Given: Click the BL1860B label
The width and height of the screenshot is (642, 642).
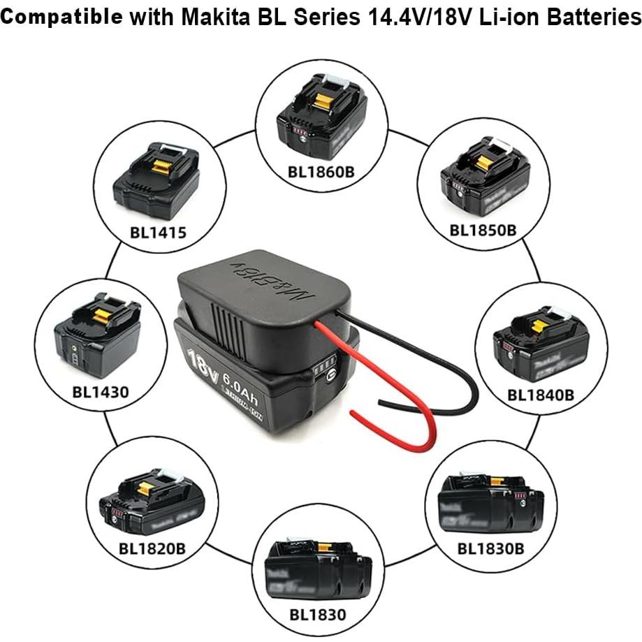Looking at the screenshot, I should pos(321,170).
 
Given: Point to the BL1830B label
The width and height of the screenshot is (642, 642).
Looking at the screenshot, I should pos(490,548).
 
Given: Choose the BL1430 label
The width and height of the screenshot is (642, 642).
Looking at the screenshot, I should pos(101,391).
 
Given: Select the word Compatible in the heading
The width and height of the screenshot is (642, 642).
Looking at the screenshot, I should pos(66,17).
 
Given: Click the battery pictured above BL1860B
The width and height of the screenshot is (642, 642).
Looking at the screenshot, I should pos(321,118).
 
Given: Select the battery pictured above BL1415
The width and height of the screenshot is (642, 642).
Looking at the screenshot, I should pos(156,181).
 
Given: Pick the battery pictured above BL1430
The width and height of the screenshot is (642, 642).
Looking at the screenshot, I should pos(99,338).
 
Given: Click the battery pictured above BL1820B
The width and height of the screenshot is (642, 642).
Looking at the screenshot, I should pos(149,497).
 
